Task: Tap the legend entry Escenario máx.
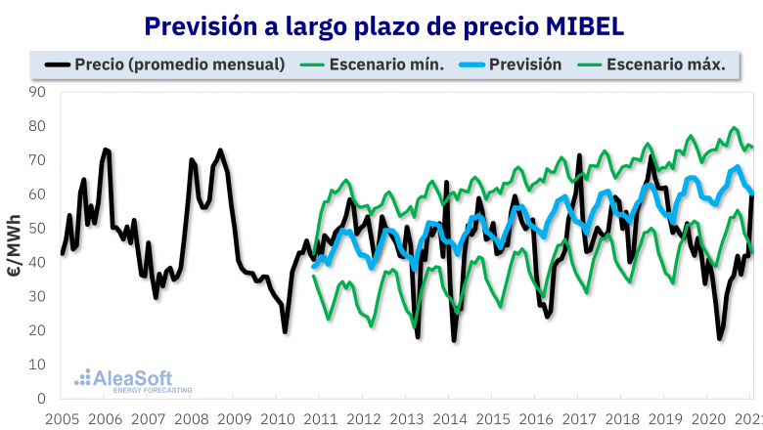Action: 666,64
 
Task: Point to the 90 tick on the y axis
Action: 38,92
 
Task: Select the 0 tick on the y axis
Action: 42,399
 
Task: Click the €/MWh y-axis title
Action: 14,245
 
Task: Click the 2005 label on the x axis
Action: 62,418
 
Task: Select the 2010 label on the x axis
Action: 277,418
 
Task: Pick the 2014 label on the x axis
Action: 449,418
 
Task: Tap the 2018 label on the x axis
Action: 621,418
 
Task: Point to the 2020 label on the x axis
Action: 707,418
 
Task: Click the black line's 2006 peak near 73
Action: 106,150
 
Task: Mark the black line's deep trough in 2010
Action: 286,331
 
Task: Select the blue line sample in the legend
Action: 464,64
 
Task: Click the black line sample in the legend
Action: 59,64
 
